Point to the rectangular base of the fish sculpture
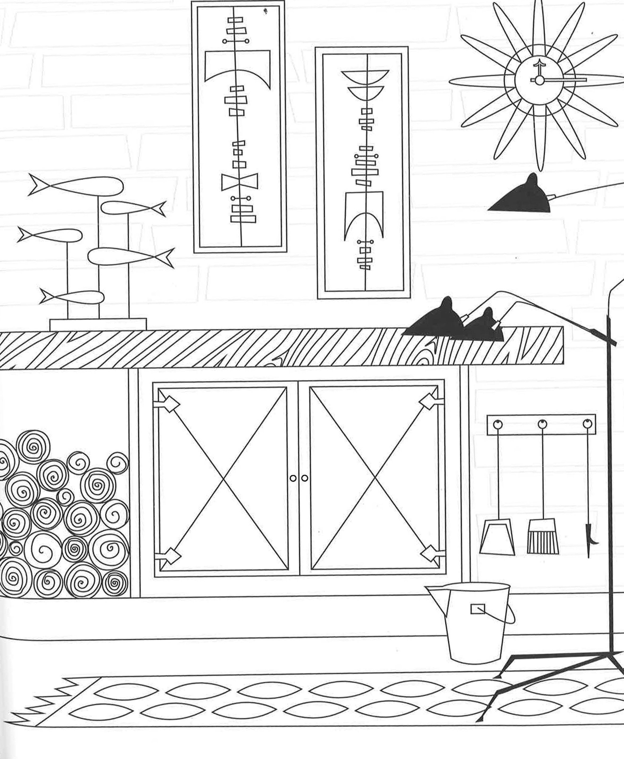tap(98, 325)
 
